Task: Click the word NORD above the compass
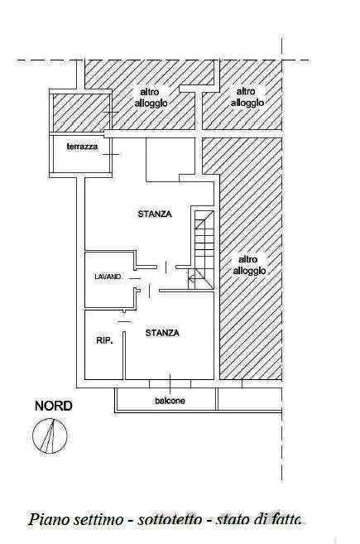(x=54, y=406)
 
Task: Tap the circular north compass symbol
(x=50, y=436)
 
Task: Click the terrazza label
(x=82, y=147)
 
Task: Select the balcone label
(x=170, y=401)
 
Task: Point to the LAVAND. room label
(x=108, y=277)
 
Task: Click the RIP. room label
(x=104, y=340)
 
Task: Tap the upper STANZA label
(x=155, y=214)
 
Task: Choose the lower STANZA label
(x=162, y=333)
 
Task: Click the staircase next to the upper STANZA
(x=203, y=249)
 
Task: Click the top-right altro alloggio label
(x=247, y=97)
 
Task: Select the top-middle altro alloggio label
(x=151, y=98)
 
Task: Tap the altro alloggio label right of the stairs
(x=249, y=265)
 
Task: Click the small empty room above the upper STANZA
(x=170, y=159)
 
